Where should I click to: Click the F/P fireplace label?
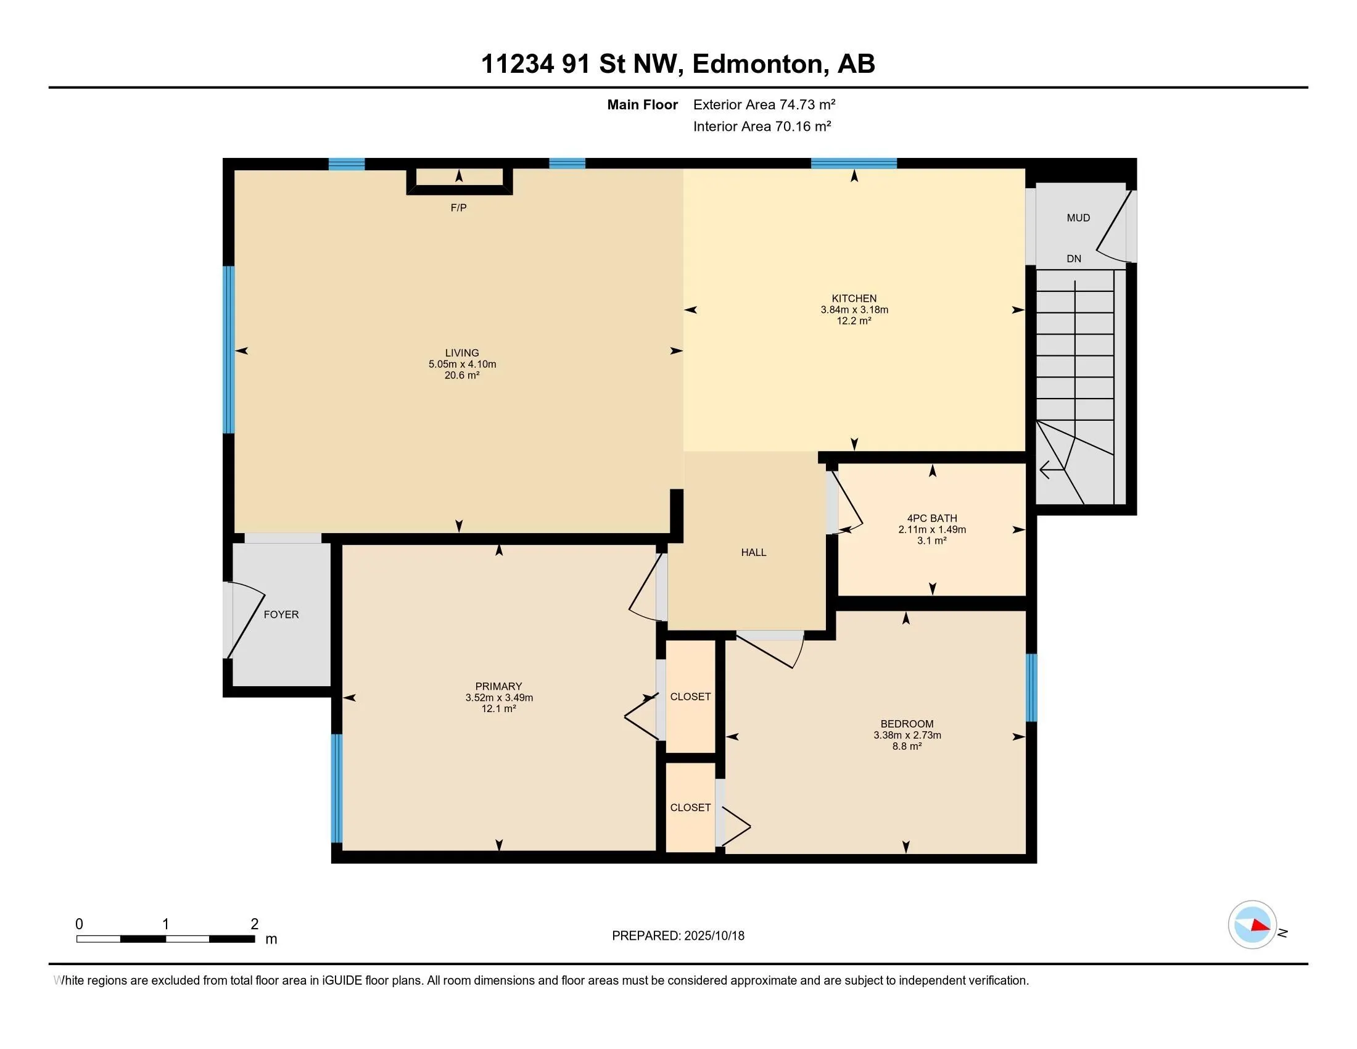[x=458, y=207]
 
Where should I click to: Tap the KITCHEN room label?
[x=854, y=298]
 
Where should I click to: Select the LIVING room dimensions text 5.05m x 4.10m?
[x=462, y=364]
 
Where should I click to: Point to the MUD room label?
[x=1079, y=217]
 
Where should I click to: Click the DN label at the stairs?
[x=1074, y=259]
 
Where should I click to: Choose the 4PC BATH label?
[x=932, y=518]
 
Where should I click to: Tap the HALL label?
[x=754, y=552]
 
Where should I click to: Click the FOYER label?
[x=281, y=615]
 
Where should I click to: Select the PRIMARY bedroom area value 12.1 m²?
[x=499, y=708]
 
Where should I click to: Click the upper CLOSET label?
[x=690, y=697]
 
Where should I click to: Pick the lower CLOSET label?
[x=690, y=807]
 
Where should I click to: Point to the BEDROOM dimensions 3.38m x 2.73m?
[x=907, y=735]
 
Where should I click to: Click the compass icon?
[x=1253, y=925]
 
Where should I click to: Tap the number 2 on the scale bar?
[x=254, y=924]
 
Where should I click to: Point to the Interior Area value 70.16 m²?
[x=802, y=126]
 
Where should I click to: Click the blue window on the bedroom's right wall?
[x=1031, y=687]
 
